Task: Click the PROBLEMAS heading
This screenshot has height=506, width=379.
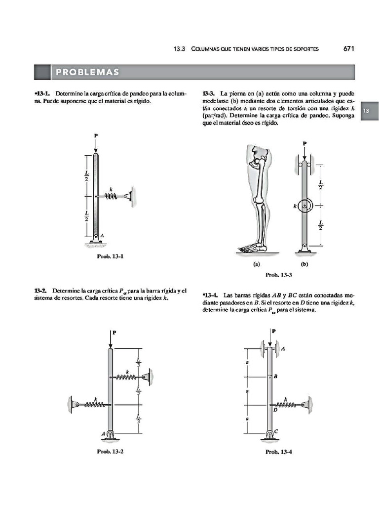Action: (x=87, y=72)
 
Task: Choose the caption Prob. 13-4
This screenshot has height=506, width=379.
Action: (x=279, y=451)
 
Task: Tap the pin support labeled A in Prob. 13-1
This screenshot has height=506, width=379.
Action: (x=96, y=241)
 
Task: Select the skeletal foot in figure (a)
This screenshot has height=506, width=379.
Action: (x=252, y=246)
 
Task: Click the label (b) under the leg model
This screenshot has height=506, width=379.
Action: (x=304, y=264)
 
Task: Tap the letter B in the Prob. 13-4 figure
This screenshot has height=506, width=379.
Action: (x=275, y=377)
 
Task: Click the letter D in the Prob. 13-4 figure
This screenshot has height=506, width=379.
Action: (x=275, y=410)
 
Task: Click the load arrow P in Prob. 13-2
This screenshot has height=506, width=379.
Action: (x=110, y=338)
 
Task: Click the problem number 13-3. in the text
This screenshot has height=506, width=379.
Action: (x=209, y=93)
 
